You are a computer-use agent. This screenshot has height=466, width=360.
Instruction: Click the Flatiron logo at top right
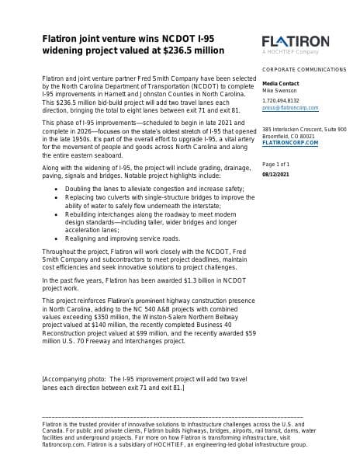pyautogui.click(x=296, y=40)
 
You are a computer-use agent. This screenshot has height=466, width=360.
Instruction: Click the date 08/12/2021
pyautogui.click(x=276, y=173)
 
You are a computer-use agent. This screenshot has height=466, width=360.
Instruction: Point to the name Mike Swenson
pyautogui.click(x=279, y=90)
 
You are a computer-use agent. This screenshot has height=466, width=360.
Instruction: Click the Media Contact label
pyautogui.click(x=280, y=83)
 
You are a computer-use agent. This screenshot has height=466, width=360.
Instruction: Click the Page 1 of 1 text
pyautogui.click(x=275, y=165)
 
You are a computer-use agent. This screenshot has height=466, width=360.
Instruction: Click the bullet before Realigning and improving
pyautogui.click(x=59, y=238)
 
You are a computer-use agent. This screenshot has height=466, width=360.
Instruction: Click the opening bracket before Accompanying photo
pyautogui.click(x=43, y=377)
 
